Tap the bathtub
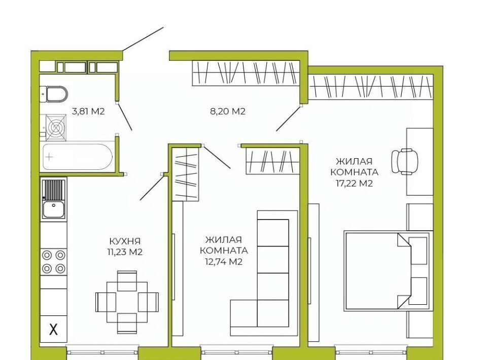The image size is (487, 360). pos(77,157)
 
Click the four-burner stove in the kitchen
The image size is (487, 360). pos(53,262)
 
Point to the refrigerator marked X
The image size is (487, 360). pos(53,329)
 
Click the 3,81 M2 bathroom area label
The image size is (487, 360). pos(88,111)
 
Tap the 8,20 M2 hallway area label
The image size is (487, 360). pos(228,111)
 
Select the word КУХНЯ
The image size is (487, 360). pos(125,241)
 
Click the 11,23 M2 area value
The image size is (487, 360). pos(125,251)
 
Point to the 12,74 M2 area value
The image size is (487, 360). pos(224,262)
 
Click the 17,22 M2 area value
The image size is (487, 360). pos(354,183)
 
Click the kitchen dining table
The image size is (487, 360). pos(127,302)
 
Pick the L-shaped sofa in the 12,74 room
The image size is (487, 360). pos(264,273)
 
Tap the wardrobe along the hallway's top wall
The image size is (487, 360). pos(246,73)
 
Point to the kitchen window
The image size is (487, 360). pos(102,352)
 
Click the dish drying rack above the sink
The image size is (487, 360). pos(53,189)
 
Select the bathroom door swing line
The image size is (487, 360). pos(125,117)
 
